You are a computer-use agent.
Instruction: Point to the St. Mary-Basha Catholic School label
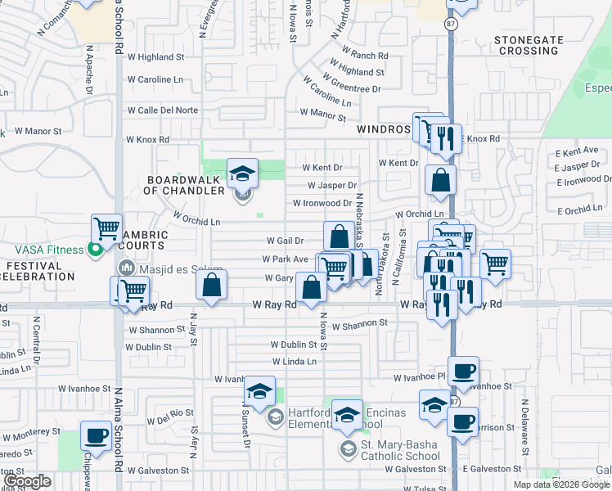[x=400, y=448]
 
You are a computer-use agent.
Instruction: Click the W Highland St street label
[x=155, y=57]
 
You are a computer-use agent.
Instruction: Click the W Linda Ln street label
[x=294, y=361]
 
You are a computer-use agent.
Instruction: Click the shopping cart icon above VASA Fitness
[x=106, y=229]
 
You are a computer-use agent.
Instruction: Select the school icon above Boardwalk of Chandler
[x=242, y=173]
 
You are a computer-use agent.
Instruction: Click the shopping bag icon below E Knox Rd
[x=440, y=180]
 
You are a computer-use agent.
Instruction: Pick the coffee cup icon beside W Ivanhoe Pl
[x=463, y=371]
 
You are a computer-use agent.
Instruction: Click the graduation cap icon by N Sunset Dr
[x=259, y=391]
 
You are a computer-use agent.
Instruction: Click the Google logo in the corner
[x=28, y=482]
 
